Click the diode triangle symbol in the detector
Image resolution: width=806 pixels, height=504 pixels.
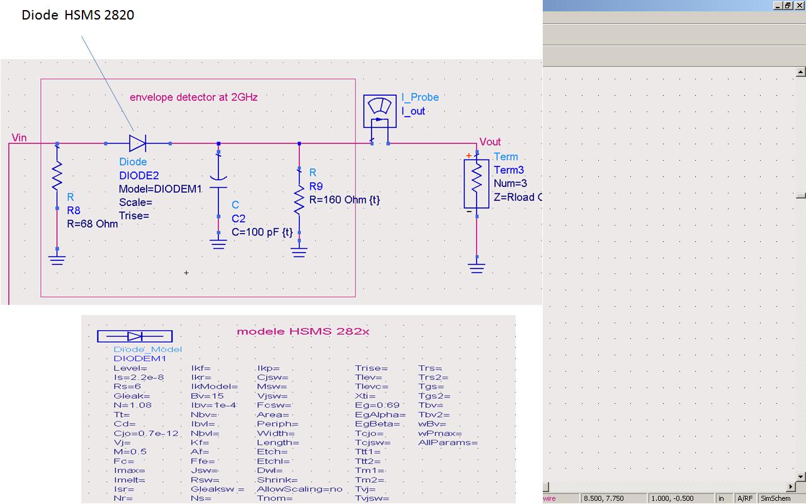coord(137,143)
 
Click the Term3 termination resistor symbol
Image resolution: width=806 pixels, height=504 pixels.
coord(477,183)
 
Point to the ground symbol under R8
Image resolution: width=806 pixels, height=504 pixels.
coord(57,259)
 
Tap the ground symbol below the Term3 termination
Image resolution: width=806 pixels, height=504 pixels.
coord(477,267)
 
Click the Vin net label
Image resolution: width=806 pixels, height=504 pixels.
coord(20,137)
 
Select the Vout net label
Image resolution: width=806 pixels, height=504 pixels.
coord(491,142)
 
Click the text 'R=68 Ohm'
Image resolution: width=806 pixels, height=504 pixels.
coord(93,224)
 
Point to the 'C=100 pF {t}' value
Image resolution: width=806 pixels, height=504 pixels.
coord(262,232)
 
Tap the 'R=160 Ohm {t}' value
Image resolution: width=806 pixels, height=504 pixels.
coord(344,200)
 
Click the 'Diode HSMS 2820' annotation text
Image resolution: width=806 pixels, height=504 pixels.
coord(78,15)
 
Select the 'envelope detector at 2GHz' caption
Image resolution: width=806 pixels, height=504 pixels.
coord(193,97)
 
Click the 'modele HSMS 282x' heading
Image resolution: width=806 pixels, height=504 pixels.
coord(303,331)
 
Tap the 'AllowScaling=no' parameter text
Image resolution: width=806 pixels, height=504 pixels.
coord(300,489)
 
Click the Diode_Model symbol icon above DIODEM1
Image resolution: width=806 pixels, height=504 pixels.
coord(135,336)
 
